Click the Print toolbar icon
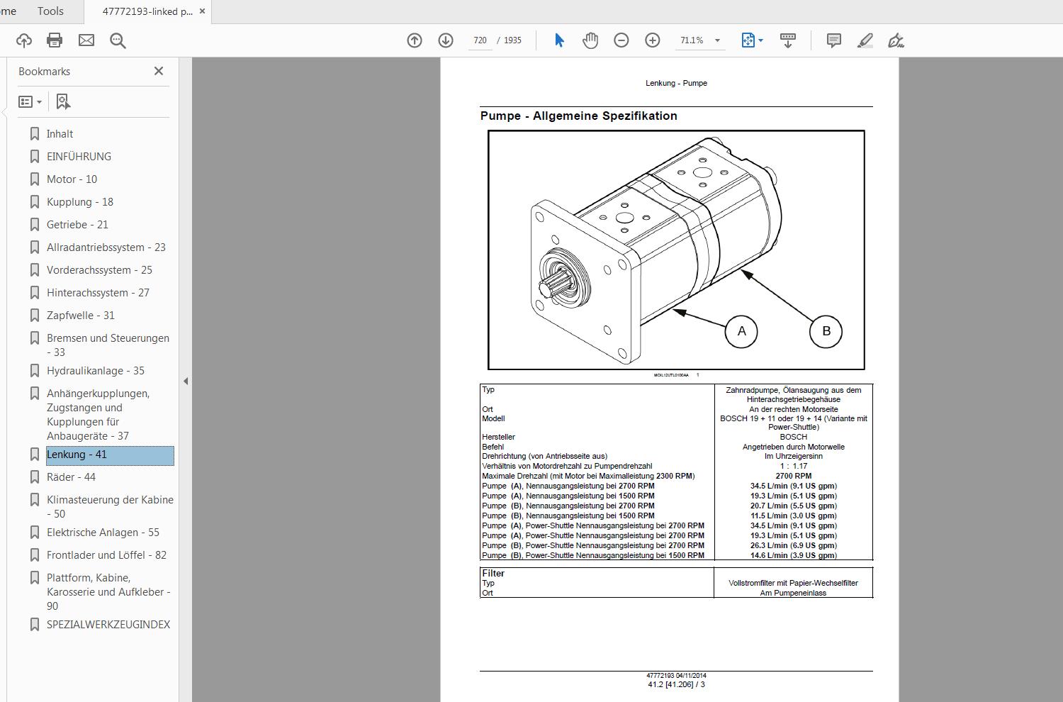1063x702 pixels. [55, 40]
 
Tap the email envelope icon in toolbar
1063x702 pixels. [86, 40]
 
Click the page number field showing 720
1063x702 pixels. [480, 40]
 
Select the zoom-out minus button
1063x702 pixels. [622, 40]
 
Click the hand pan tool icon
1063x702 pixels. [590, 40]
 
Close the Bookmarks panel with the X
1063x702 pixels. [159, 71]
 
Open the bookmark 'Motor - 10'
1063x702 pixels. [72, 179]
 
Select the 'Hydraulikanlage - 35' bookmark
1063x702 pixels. [95, 371]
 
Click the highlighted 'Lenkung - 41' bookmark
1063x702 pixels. [77, 455]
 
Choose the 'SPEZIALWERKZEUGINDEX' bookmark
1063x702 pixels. [108, 625]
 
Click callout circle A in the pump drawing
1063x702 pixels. [741, 331]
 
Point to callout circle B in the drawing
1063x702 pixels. [826, 331]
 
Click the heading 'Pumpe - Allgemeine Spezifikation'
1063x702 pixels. [578, 116]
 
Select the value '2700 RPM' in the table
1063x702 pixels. [793, 477]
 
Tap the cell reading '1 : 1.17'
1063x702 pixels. [793, 467]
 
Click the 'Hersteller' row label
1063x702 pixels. [498, 437]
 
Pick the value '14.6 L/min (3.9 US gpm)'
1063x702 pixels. [793, 556]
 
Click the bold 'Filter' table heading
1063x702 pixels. [493, 573]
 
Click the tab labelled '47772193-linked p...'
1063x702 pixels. [147, 11]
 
